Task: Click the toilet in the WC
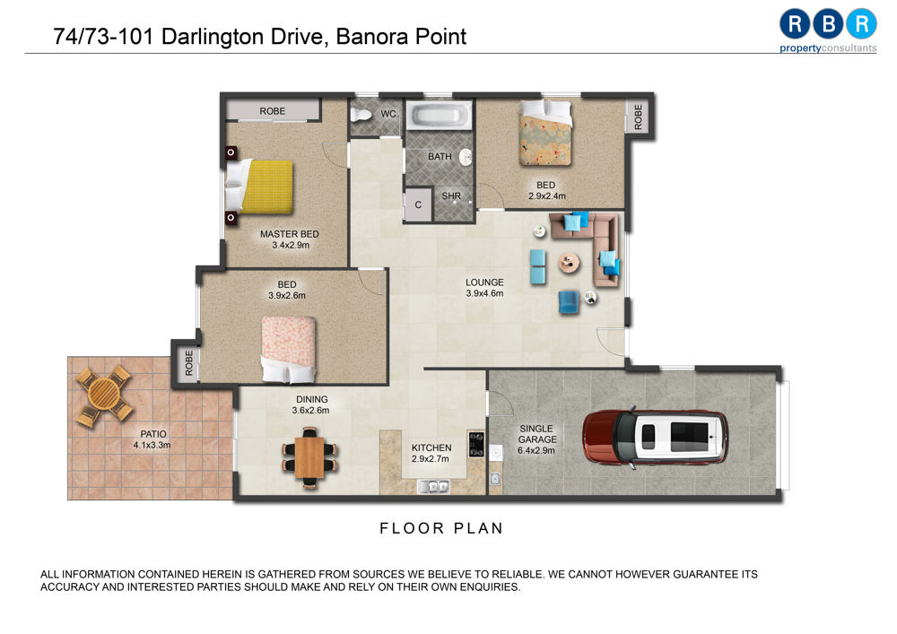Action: [361, 115]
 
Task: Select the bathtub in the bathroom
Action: [439, 115]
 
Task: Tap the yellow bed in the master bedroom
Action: [259, 187]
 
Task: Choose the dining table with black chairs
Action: [309, 457]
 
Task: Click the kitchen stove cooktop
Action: [476, 444]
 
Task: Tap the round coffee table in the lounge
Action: [569, 263]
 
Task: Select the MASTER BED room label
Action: [290, 234]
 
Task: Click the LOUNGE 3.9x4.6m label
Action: [484, 288]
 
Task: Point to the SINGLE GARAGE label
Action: [536, 434]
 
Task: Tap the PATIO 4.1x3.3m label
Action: [152, 439]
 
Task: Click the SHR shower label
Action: [451, 195]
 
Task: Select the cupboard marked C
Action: [418, 204]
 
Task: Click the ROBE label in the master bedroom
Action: [273, 111]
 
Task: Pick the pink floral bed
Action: [288, 350]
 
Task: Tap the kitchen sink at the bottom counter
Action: [433, 487]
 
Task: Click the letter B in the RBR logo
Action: [828, 23]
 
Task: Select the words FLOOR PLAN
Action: [441, 528]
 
